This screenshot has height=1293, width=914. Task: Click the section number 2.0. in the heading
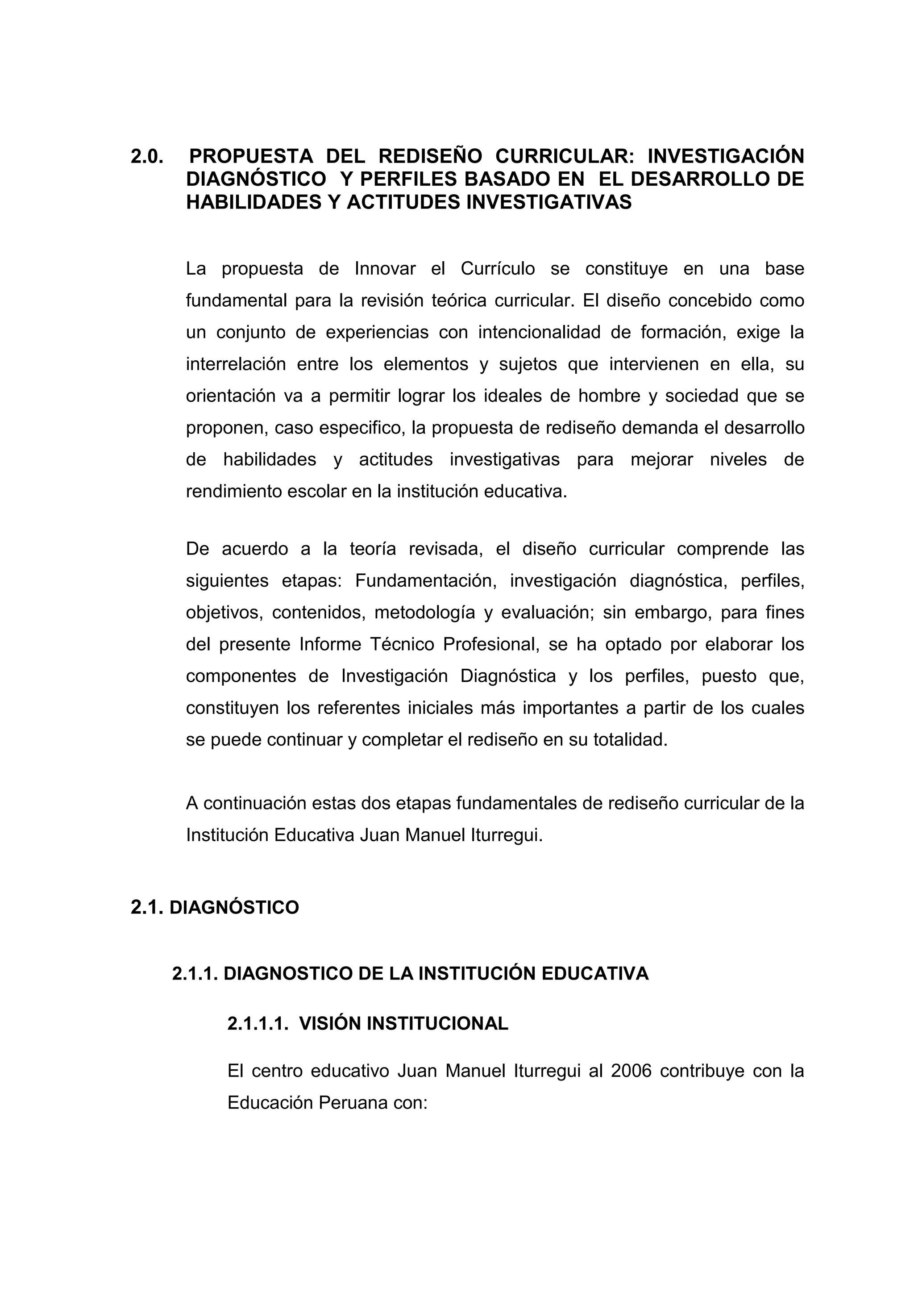click(x=147, y=156)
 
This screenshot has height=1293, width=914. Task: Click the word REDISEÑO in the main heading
click(x=430, y=156)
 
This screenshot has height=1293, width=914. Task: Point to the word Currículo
click(x=498, y=269)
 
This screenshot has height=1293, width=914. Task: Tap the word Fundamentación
click(x=425, y=580)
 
